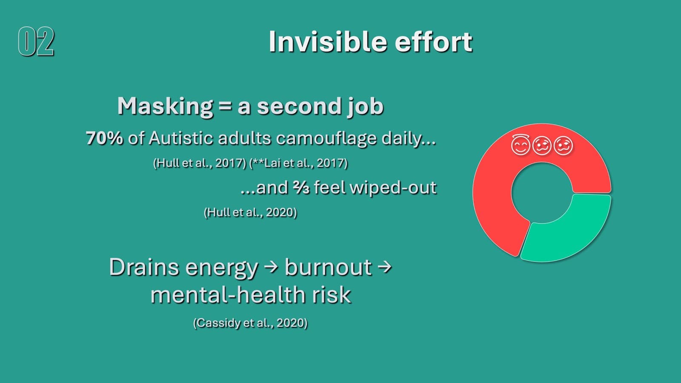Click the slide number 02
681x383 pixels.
36,41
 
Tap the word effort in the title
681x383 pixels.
433,42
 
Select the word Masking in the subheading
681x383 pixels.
165,106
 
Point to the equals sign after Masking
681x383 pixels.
225,106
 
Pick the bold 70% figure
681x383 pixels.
104,138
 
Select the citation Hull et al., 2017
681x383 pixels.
200,163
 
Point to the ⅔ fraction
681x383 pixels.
301,187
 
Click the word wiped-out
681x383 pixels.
393,188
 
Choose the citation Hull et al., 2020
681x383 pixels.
250,212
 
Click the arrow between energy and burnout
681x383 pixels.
271,267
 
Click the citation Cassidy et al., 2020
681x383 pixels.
250,323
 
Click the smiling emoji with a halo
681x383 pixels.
521,145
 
